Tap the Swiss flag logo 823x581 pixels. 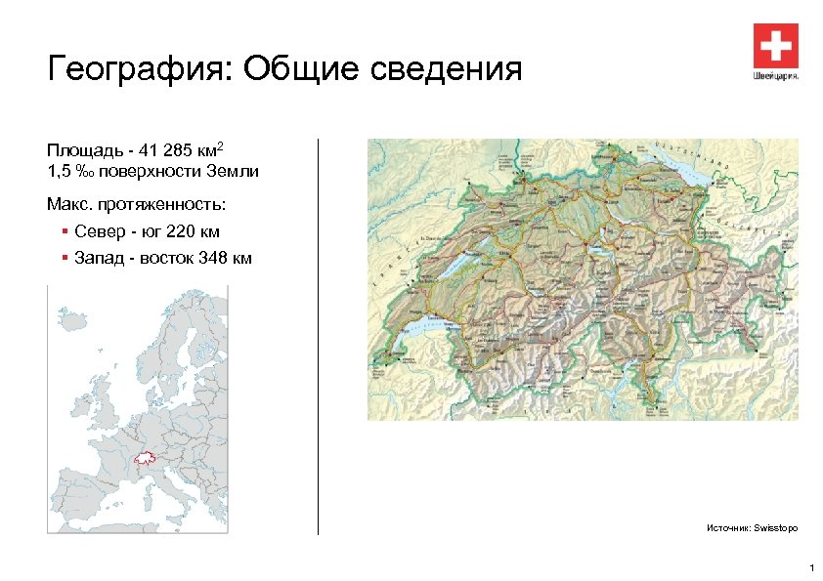[x=776, y=45]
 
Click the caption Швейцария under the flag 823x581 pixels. [x=776, y=75]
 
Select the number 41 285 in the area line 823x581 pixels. [x=162, y=152]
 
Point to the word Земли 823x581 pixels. [x=234, y=172]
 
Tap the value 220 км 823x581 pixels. [x=194, y=232]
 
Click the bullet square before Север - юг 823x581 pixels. [x=64, y=232]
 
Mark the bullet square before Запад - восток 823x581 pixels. [x=64, y=259]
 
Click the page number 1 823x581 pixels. [x=810, y=568]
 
